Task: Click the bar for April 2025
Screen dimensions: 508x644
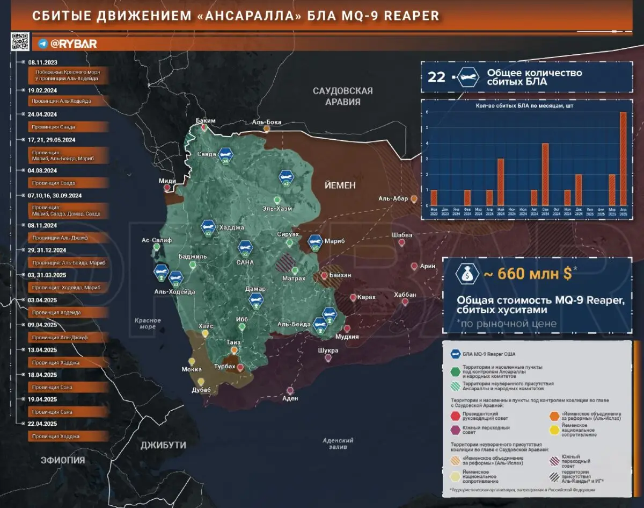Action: coord(623,159)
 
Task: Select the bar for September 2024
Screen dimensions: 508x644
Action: coord(545,174)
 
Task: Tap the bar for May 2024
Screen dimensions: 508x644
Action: coord(500,182)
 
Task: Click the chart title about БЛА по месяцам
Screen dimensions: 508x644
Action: coord(524,106)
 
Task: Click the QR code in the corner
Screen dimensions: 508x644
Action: coord(19,41)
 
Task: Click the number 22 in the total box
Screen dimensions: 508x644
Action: coord(437,77)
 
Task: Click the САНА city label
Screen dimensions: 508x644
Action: coord(245,263)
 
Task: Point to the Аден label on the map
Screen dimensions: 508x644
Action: coord(290,399)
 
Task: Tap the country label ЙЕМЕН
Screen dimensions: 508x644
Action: coord(340,185)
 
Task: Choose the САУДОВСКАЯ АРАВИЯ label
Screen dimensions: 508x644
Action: coord(342,96)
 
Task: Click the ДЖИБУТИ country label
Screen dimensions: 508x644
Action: coord(163,445)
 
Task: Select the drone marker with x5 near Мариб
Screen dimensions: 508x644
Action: coord(315,242)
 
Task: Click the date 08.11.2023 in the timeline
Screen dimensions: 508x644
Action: coord(42,62)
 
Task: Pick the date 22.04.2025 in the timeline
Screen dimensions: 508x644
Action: coord(42,424)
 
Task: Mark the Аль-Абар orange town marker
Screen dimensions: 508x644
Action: coord(414,199)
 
